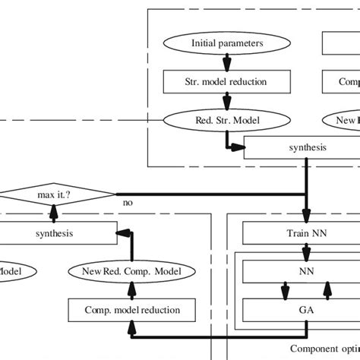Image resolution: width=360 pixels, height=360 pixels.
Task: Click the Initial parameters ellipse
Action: click(x=227, y=43)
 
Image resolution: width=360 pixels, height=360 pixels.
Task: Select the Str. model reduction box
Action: click(x=227, y=81)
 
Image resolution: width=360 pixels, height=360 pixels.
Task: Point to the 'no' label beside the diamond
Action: click(x=128, y=204)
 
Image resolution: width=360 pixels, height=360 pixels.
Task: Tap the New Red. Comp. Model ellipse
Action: click(x=132, y=270)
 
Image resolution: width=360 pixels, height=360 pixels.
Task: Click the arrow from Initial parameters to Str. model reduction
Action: click(x=227, y=62)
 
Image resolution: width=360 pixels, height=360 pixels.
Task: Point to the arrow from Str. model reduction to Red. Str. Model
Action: click(x=227, y=99)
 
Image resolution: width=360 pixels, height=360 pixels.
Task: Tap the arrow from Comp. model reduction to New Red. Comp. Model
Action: click(x=132, y=289)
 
